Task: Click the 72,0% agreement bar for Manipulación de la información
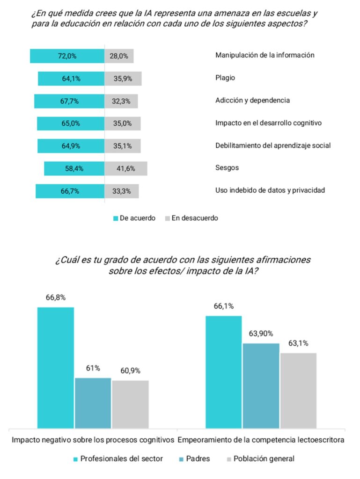tap(67, 56)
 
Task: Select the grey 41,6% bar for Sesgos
tap(125, 168)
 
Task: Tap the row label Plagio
tap(225, 78)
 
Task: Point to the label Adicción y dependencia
tap(252, 100)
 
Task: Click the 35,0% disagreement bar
tap(122, 123)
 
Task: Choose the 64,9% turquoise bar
tap(71, 146)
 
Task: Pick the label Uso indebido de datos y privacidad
tap(270, 190)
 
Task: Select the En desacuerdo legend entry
tap(191, 218)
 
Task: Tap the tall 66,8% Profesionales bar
tap(56, 367)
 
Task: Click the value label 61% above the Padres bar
tap(93, 368)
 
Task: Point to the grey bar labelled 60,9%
tap(130, 404)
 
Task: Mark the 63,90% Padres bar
tap(261, 385)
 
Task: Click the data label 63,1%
tap(298, 343)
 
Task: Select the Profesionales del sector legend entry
tap(117, 458)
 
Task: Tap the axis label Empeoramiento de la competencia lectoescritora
tap(262, 440)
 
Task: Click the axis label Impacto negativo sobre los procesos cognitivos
tap(93, 440)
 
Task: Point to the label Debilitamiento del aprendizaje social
tap(273, 145)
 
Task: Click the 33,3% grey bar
tap(121, 191)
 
